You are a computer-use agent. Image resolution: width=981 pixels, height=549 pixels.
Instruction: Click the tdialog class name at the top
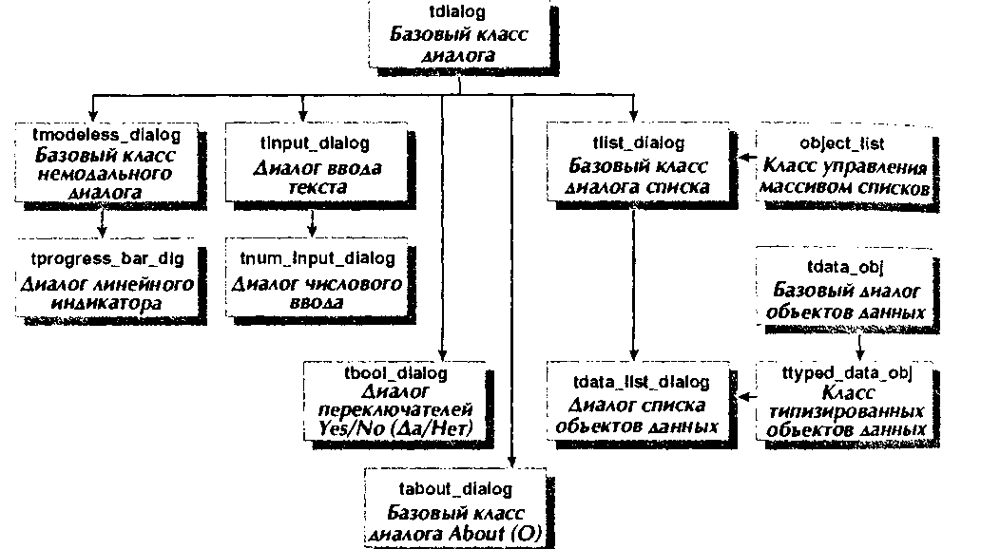[x=457, y=12]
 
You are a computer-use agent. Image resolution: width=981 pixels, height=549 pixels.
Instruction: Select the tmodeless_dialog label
[x=106, y=135]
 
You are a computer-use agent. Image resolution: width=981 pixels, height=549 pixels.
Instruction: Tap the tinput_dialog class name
[x=315, y=143]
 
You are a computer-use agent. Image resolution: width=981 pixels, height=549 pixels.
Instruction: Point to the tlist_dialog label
[x=638, y=143]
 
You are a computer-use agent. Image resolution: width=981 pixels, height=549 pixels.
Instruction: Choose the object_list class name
[x=841, y=143]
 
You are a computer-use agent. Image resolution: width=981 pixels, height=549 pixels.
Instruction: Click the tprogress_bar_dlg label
[x=107, y=259]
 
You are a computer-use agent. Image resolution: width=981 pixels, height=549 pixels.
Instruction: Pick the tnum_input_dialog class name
[x=317, y=259]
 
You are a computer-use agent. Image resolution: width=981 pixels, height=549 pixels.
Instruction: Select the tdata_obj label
[x=845, y=268]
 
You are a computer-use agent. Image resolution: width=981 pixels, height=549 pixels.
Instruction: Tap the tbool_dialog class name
[x=396, y=373]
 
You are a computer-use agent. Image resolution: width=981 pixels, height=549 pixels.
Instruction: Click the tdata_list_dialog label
[x=642, y=382]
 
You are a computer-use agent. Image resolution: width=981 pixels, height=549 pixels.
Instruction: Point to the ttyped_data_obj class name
[x=846, y=373]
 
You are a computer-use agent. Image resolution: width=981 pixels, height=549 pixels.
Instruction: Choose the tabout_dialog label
[x=455, y=489]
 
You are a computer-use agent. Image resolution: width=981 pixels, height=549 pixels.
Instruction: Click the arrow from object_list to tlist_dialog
[x=748, y=158]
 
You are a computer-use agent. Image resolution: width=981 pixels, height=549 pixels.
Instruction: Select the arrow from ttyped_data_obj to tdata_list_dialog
[x=747, y=396]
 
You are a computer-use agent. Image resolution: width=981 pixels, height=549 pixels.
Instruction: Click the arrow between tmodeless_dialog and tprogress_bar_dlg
[x=103, y=223]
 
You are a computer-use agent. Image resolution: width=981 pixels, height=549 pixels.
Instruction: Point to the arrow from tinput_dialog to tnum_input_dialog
[x=312, y=223]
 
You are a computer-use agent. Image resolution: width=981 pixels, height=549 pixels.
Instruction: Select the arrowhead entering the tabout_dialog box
[x=511, y=462]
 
